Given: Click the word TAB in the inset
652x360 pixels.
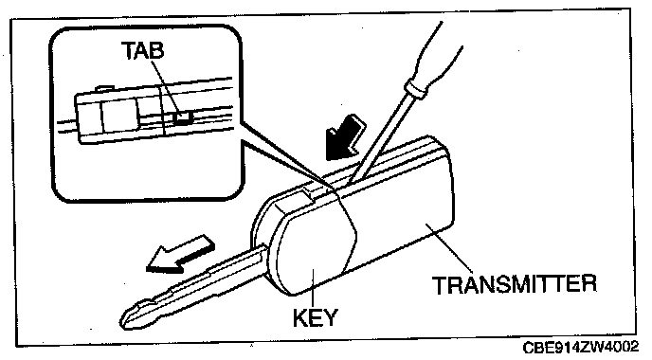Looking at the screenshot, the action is coord(142,50).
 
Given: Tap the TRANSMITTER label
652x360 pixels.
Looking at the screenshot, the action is coord(515,284).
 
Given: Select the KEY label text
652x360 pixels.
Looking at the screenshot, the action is coord(316,318).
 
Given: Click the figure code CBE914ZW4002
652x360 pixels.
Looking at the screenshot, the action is coord(581,347).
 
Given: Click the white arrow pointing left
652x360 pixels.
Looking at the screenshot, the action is coord(180,255).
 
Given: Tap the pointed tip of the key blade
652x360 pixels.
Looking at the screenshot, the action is coord(122,321).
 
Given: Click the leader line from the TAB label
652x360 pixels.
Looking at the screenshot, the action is coord(166,88).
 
